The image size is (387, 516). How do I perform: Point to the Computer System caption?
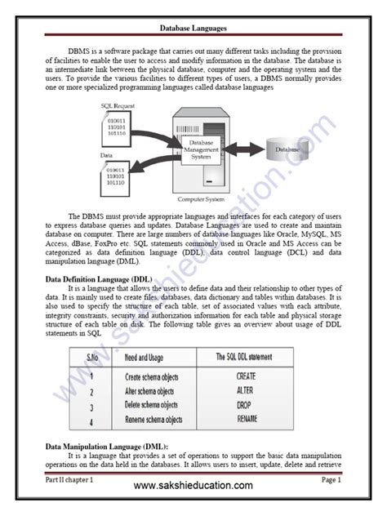200,198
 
